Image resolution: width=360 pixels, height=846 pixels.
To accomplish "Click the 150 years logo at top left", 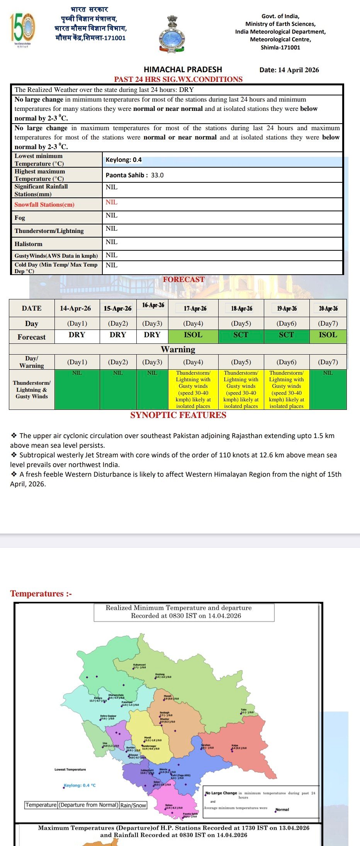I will (22, 28).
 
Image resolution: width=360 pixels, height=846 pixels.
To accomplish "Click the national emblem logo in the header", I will (172, 34).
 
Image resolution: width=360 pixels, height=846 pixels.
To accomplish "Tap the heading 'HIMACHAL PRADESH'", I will (183, 70).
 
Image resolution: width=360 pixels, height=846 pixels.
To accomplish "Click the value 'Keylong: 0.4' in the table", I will (124, 160).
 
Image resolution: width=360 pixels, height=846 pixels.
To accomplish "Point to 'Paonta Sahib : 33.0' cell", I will (134, 175).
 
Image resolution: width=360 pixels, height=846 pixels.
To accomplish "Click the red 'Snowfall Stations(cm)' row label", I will (44, 205).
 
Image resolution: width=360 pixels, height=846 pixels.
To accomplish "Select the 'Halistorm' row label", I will (29, 244).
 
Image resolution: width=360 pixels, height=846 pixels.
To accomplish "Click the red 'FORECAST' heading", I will (183, 279).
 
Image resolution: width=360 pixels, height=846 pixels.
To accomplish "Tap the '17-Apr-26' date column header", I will (195, 308).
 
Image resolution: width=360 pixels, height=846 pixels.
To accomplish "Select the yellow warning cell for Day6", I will (286, 389).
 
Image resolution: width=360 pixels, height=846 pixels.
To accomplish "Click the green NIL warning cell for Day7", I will (328, 389).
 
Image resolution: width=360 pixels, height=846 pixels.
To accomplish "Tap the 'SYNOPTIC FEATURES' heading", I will (178, 415).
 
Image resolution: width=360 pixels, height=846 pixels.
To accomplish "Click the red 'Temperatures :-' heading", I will (41, 594).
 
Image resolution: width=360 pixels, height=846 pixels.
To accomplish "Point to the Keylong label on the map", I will (160, 674).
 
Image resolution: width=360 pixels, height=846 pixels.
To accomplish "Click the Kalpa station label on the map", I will (235, 746).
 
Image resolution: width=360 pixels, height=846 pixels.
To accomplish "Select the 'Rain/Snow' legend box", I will (133, 805).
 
